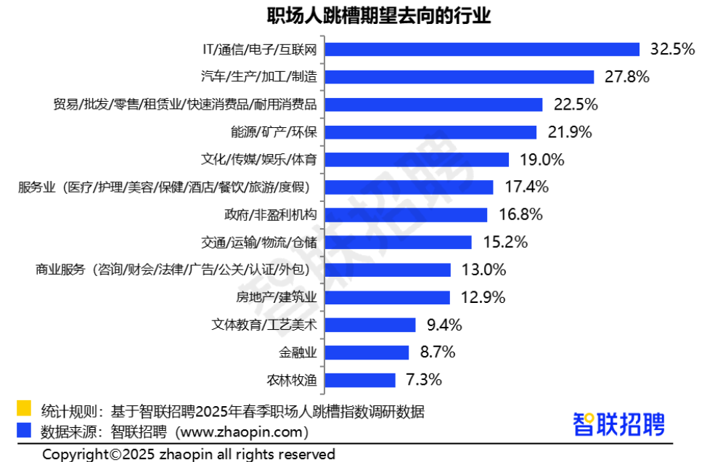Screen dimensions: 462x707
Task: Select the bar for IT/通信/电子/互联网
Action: (x=482, y=49)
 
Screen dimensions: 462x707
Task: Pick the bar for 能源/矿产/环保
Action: (x=430, y=132)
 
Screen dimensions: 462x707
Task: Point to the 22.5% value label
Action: (x=576, y=105)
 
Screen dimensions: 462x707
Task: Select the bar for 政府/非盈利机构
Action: (x=406, y=215)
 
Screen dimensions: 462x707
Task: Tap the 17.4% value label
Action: (x=526, y=187)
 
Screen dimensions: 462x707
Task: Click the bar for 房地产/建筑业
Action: (x=388, y=297)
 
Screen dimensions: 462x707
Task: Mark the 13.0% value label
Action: (x=483, y=270)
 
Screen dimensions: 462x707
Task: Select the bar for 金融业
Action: (x=367, y=352)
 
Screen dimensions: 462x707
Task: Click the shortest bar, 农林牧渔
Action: (x=360, y=380)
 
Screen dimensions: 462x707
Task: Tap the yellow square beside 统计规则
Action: (x=24, y=409)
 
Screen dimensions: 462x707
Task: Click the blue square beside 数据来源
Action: (x=24, y=430)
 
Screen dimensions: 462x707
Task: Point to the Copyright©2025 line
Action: (x=189, y=454)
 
